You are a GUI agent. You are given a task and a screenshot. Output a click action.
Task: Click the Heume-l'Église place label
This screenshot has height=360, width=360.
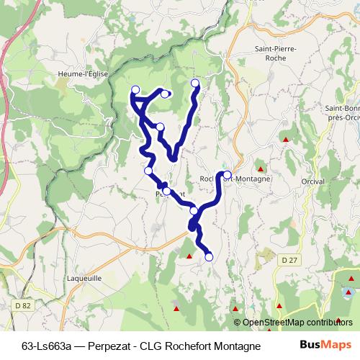click(x=82, y=73)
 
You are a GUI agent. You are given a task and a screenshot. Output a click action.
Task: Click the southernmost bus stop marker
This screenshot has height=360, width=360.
click(x=210, y=256)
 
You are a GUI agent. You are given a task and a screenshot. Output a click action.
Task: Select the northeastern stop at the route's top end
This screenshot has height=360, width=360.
click(x=195, y=84)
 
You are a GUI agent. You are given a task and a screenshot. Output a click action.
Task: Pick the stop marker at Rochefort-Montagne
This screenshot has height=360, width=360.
click(x=227, y=175)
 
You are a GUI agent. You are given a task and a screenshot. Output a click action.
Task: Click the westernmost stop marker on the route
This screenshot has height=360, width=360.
click(x=135, y=89)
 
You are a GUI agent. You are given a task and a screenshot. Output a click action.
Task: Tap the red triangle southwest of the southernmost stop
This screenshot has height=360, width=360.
click(x=189, y=256)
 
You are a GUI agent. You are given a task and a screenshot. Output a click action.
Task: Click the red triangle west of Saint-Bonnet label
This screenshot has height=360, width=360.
click(x=287, y=139)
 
